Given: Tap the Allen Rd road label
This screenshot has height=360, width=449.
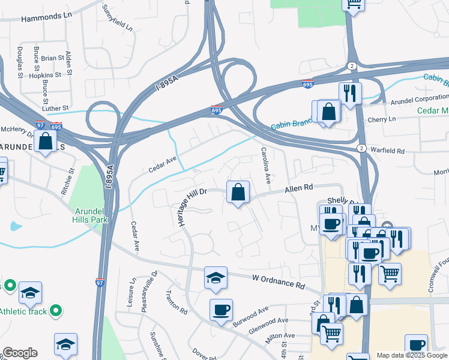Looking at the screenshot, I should [300, 189].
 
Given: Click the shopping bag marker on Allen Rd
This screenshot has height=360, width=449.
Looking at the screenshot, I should [238, 193].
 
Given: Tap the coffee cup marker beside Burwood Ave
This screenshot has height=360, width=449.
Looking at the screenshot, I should [221, 310].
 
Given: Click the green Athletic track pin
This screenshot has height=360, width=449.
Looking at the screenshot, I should [56, 310].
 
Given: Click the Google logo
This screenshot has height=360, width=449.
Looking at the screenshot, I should [20, 353].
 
